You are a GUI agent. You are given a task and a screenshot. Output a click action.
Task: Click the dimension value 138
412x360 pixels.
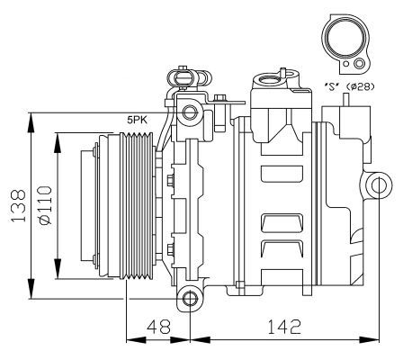pyautogui.click(x=18, y=205)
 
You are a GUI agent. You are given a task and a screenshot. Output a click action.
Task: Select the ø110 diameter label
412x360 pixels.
pyautogui.click(x=45, y=205)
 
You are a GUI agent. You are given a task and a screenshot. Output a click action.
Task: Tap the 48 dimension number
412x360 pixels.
pyautogui.click(x=158, y=327)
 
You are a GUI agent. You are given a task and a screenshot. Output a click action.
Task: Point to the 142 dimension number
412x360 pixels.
pyautogui.click(x=283, y=327)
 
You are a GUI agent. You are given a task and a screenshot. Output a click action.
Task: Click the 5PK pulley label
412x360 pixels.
pyautogui.click(x=137, y=120)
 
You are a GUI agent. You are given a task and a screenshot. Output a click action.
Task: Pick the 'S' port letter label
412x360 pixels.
pyautogui.click(x=332, y=86)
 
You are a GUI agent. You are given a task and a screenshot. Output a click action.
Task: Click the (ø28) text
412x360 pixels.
pyautogui.click(x=360, y=86)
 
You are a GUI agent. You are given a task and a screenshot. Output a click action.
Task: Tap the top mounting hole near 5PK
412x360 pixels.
pyautogui.click(x=190, y=112)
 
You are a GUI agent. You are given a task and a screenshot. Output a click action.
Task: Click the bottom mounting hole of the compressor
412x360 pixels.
pyautogui.click(x=190, y=299)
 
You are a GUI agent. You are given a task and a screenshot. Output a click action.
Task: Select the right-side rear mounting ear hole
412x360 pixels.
pyautogui.click(x=380, y=185)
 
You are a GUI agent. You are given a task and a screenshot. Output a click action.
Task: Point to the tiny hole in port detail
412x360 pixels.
pyautogui.click(x=346, y=64)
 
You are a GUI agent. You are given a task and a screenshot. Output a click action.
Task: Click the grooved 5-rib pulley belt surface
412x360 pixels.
pyautogui.click(x=137, y=206)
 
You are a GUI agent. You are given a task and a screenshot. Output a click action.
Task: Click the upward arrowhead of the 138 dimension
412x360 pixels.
pyautogui.click(x=31, y=122)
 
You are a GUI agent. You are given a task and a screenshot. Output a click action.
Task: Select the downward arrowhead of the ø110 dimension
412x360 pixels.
pyautogui.click(x=58, y=269)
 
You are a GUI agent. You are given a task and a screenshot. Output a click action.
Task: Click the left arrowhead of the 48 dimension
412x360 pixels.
pyautogui.click(x=136, y=340)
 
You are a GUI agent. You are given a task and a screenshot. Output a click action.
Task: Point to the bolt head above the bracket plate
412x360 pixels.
pyautogui.click(x=220, y=97)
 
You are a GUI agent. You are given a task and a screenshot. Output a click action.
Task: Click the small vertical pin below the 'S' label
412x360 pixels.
pyautogui.click(x=346, y=99)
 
